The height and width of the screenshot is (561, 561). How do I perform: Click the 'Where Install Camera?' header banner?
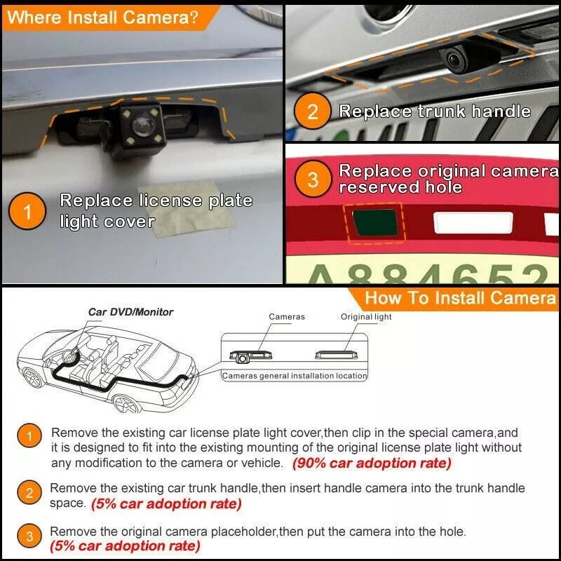click(102, 17)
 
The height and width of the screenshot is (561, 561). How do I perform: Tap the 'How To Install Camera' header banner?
click(459, 297)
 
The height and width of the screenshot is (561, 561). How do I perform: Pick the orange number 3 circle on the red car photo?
click(313, 180)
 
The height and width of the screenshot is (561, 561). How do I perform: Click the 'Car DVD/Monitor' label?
click(130, 312)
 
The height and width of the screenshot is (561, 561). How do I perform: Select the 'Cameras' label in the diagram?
click(287, 317)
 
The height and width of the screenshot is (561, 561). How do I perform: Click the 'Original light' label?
click(366, 317)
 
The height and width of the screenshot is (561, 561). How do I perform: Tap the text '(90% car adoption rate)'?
click(372, 464)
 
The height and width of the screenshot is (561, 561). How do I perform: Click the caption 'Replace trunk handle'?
click(435, 111)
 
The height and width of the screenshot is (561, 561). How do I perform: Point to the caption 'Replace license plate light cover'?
click(156, 210)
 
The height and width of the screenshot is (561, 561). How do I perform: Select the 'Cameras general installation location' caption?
click(295, 376)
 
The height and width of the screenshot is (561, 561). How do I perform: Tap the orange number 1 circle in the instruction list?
click(29, 438)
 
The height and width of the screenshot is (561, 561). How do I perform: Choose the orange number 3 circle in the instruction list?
click(29, 538)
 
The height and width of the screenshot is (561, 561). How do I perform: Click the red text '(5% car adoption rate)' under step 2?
click(166, 503)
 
